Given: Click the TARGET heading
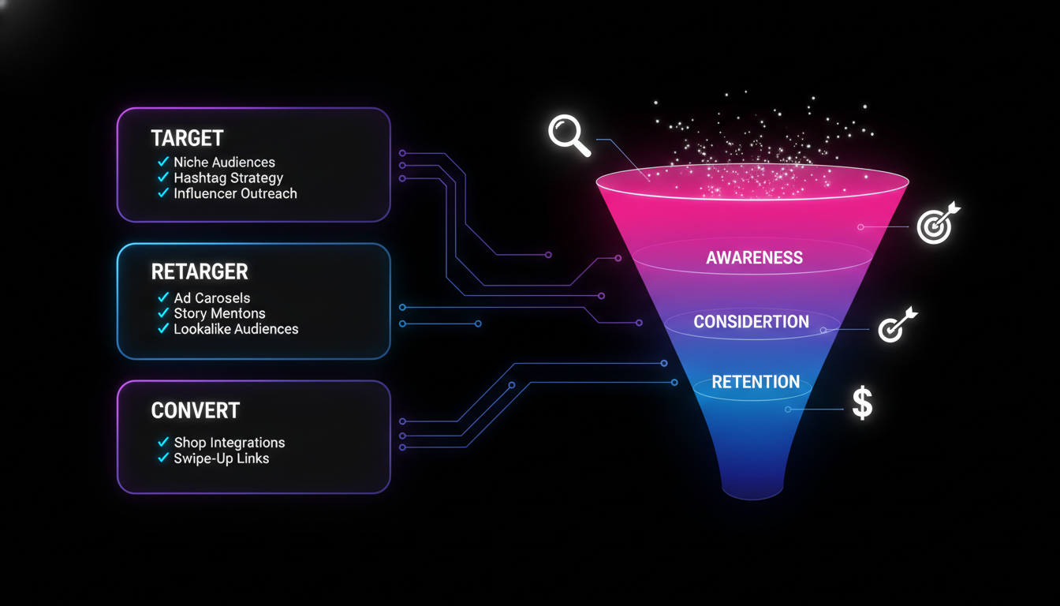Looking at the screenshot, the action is click(187, 138).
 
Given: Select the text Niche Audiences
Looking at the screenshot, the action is click(224, 163).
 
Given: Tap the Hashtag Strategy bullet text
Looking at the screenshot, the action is click(228, 178).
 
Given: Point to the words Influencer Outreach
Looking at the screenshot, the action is click(235, 193).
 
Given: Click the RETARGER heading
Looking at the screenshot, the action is click(200, 271).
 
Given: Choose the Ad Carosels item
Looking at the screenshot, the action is click(211, 298).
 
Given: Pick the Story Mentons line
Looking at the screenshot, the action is click(219, 314).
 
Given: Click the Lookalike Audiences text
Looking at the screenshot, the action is click(236, 329).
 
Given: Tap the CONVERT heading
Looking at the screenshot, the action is click(195, 410).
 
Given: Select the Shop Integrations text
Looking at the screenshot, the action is click(229, 443).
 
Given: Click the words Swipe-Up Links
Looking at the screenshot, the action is click(221, 458).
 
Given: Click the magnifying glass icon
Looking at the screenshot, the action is click(569, 135).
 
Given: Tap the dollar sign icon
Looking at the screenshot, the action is click(862, 403).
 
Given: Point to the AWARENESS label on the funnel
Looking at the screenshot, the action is click(754, 258).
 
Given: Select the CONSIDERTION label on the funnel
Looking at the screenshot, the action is click(751, 322).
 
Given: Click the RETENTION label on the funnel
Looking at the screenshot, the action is click(756, 382).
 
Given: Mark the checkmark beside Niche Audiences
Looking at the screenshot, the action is click(163, 162).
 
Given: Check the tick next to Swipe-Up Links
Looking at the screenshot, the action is click(163, 458).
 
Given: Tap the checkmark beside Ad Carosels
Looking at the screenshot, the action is click(163, 297).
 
